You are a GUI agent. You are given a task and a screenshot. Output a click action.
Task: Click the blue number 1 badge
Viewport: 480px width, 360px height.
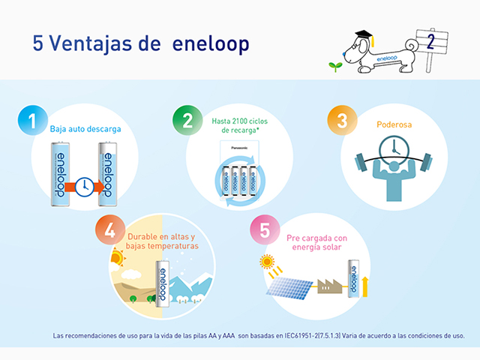(x=32, y=120)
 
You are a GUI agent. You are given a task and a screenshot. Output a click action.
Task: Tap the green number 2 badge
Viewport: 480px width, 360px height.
(x=187, y=120)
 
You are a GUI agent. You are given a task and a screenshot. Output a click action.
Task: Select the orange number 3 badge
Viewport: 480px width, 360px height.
(x=342, y=120)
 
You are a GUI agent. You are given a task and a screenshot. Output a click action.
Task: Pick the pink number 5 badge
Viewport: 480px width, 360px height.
(x=265, y=230)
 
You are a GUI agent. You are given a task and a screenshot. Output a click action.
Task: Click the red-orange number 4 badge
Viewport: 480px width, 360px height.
(x=110, y=230)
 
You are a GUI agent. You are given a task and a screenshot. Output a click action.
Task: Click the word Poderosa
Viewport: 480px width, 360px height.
(x=394, y=124)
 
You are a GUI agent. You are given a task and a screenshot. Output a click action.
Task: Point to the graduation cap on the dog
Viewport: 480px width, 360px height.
(x=365, y=37)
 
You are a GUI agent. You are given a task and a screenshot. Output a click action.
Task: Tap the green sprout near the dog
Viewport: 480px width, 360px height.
(x=335, y=67)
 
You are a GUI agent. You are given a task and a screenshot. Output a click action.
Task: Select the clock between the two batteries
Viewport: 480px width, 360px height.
(x=85, y=187)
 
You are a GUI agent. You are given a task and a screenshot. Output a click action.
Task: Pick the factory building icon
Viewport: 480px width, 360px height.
(x=330, y=286)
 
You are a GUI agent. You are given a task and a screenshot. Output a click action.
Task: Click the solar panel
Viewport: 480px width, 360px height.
(x=289, y=288)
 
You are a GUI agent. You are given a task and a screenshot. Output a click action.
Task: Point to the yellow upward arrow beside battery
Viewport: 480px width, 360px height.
(x=364, y=286)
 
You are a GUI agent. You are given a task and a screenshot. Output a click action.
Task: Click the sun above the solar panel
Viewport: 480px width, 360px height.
(x=267, y=262)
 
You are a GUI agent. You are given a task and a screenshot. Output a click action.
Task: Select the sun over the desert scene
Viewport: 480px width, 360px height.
(x=118, y=257)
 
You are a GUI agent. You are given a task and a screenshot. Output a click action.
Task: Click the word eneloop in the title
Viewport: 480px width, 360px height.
(x=211, y=43)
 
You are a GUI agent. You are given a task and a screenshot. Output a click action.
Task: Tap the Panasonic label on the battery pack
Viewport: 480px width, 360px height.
(x=239, y=148)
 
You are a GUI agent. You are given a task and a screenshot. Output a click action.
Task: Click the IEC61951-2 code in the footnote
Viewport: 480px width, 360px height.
(x=301, y=336)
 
